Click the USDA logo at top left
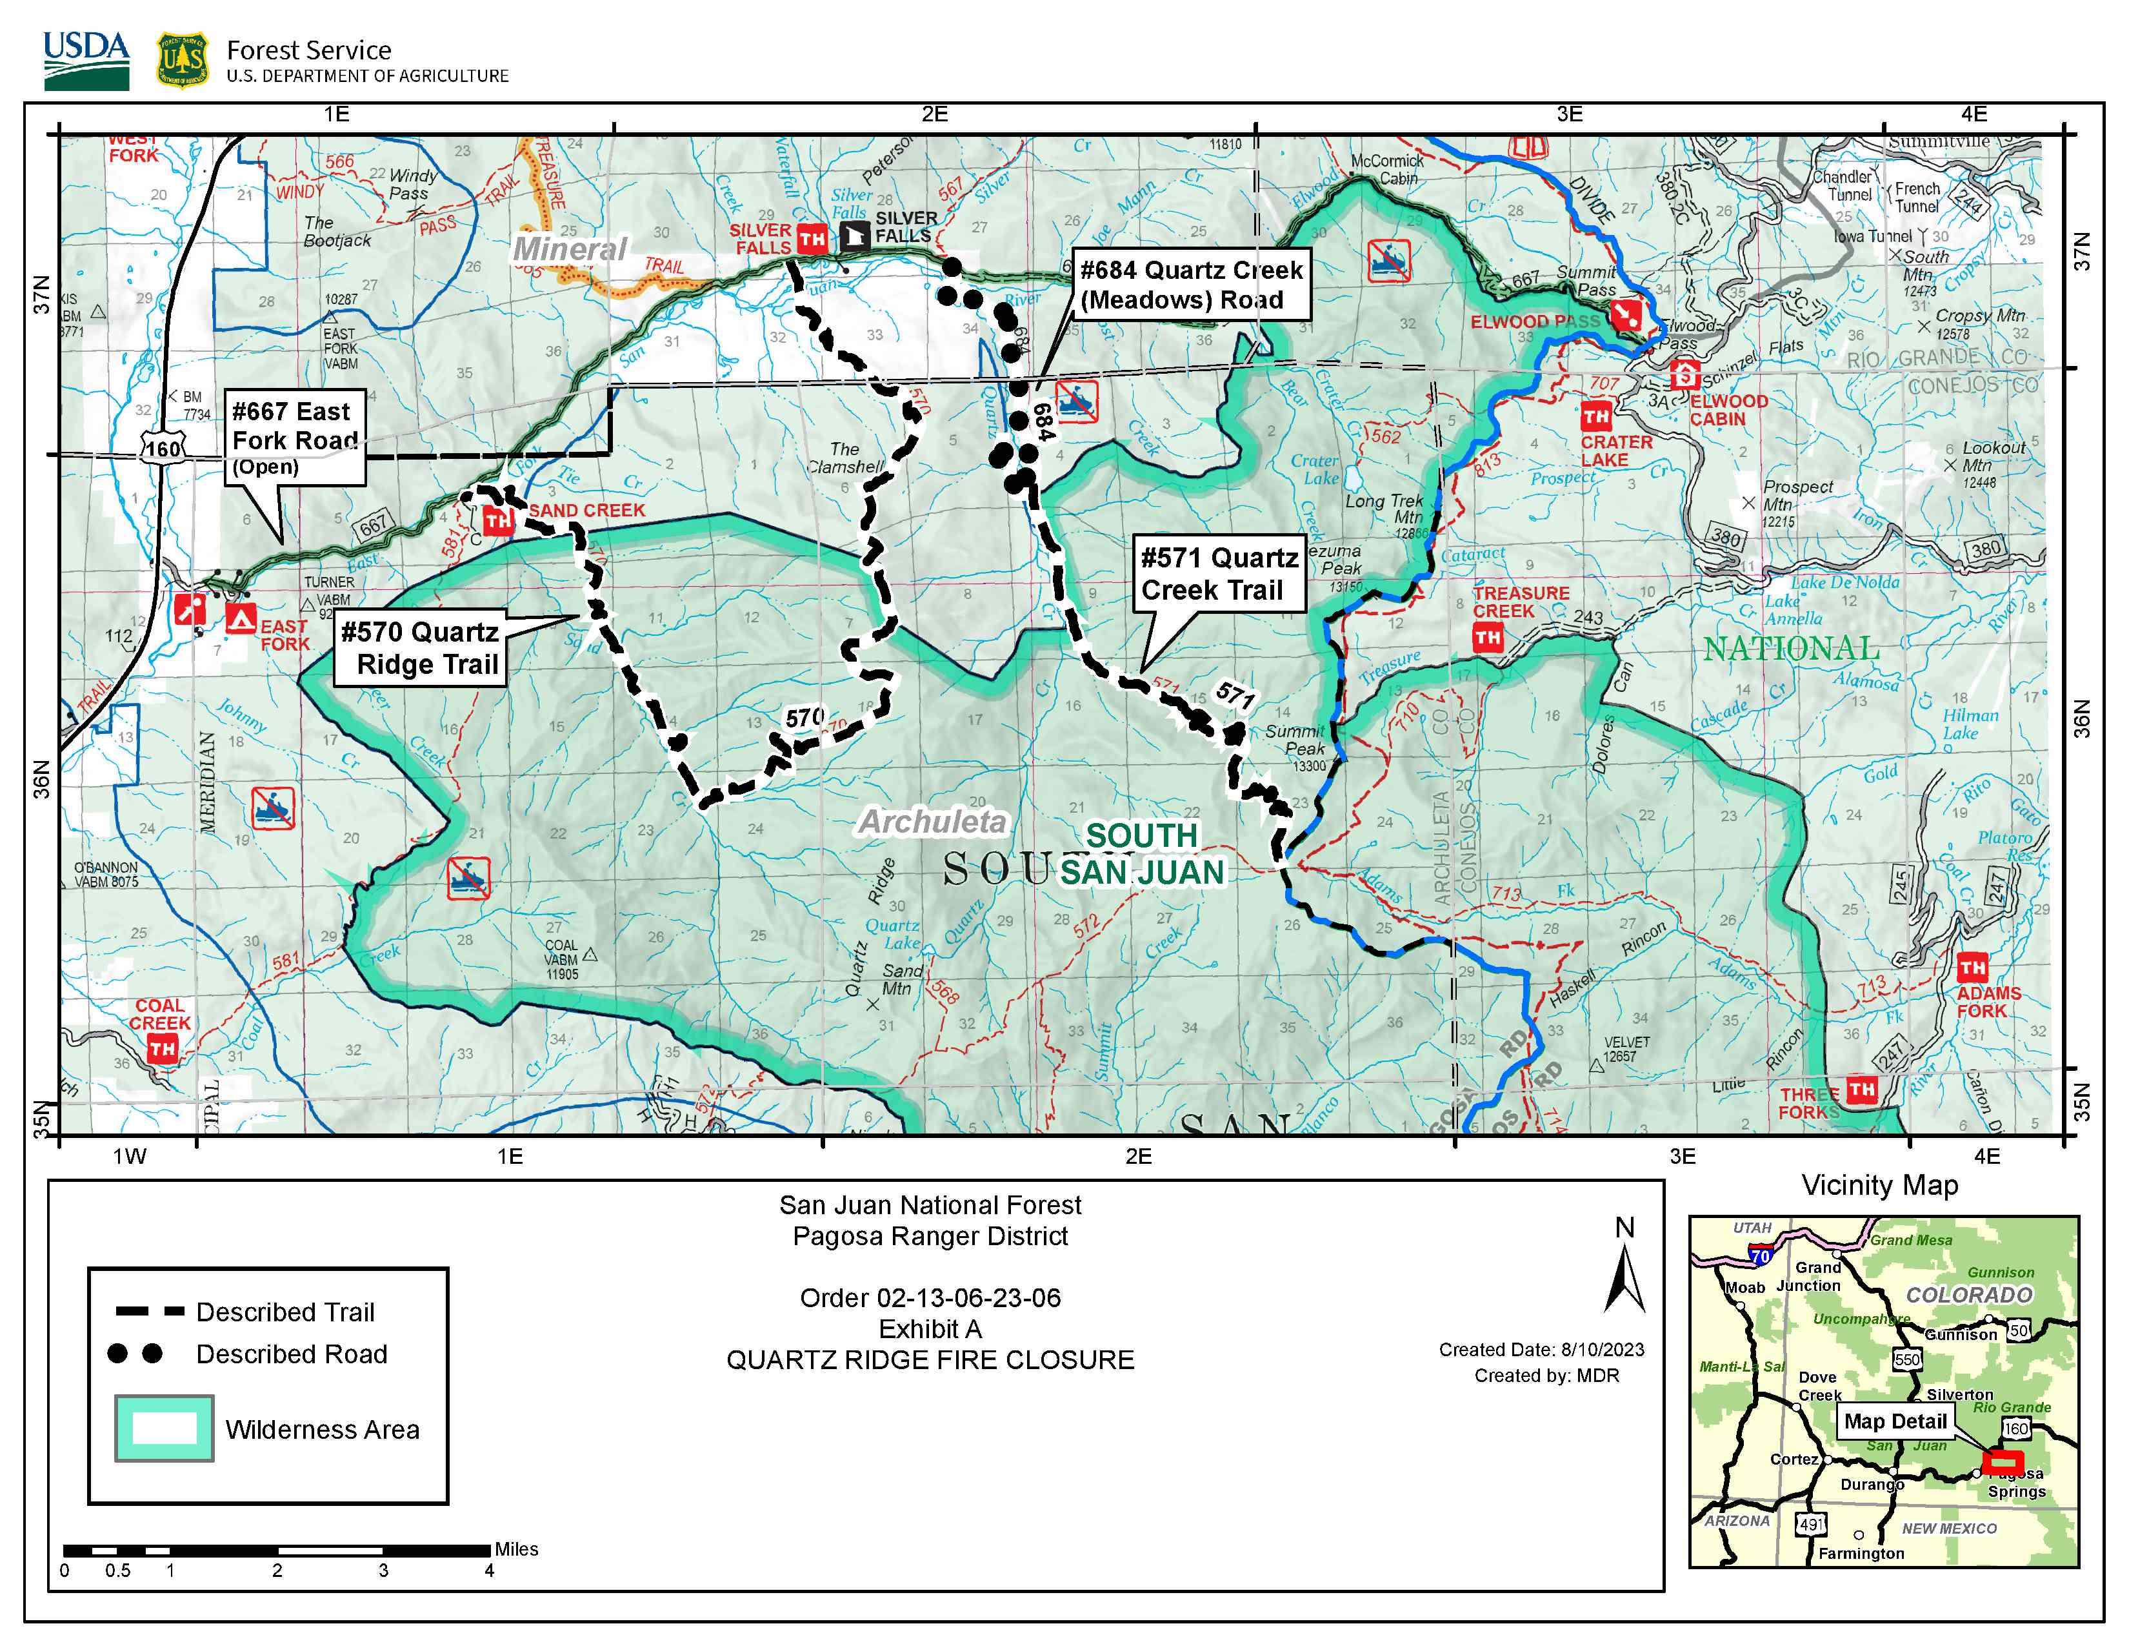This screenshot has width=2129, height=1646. pos(86,61)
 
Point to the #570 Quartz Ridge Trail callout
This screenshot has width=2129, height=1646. pos(420,649)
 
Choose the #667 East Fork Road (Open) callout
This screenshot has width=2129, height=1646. pos(294,437)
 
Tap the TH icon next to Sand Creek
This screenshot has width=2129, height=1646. pos(497,521)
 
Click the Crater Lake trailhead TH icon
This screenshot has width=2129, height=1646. pos(1595,416)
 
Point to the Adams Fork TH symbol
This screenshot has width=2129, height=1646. pos(1973,968)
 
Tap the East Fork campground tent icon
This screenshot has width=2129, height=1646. pos(241,617)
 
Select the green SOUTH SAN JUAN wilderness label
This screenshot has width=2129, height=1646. pos(1141,853)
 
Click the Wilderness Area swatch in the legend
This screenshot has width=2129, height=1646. pos(164,1428)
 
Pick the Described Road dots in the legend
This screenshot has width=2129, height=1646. pos(135,1354)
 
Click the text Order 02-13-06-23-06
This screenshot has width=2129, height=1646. pos(930,1298)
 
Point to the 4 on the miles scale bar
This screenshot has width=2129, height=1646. pos(490,1570)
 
